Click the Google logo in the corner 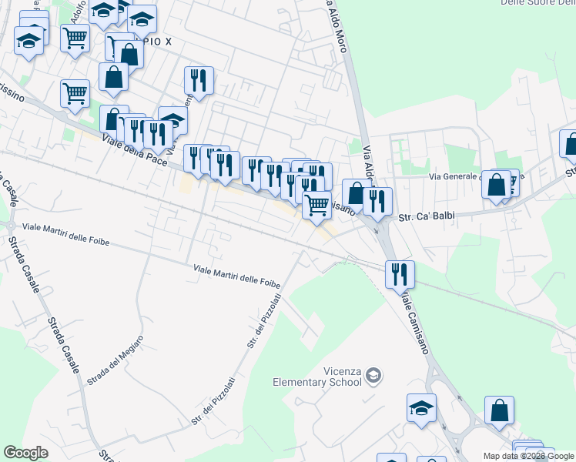point(26,453)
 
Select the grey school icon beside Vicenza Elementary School point(373,376)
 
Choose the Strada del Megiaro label point(115,361)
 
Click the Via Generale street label point(454,176)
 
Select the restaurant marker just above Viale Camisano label point(400,274)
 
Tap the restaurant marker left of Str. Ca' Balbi point(377,200)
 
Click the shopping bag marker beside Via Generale point(497,185)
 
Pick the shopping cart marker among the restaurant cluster point(316,204)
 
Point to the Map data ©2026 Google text point(528,456)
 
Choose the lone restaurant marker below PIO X point(199,79)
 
